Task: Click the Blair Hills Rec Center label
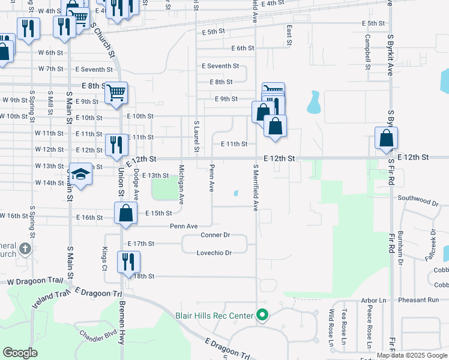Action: [214, 315]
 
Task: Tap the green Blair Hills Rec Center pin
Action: [262, 314]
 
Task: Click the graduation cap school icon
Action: [80, 174]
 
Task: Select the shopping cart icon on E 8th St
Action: [116, 92]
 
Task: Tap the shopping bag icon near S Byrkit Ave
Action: [386, 137]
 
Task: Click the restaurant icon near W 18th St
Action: [128, 262]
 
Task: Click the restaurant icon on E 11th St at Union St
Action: [116, 145]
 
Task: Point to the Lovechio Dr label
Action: [214, 253]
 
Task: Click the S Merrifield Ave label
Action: [255, 188]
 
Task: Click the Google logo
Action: [20, 353]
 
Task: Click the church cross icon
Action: [25, 248]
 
